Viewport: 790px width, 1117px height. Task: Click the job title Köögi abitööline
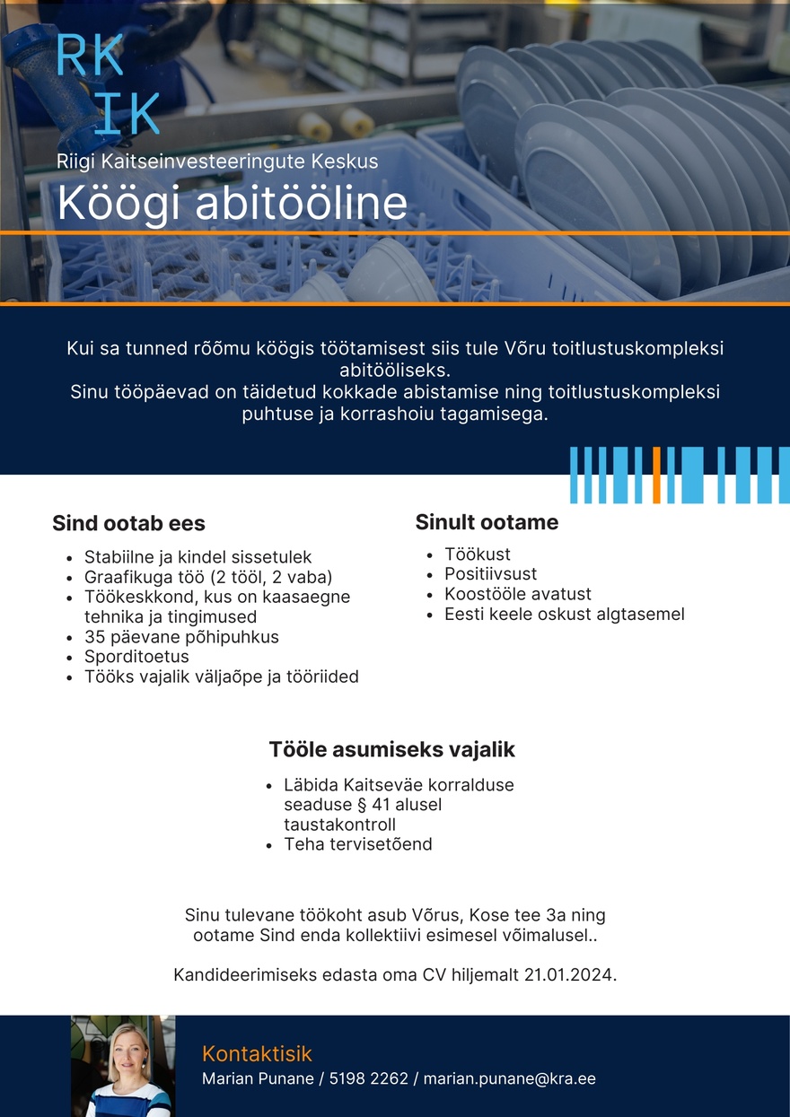(x=232, y=204)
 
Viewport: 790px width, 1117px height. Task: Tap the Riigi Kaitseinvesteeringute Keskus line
(x=217, y=161)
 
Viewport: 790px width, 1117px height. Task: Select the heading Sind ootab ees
(x=128, y=523)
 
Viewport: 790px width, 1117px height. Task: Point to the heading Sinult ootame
(x=487, y=522)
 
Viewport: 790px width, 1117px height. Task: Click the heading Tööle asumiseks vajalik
(x=392, y=749)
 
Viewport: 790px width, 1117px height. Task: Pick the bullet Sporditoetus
(x=136, y=657)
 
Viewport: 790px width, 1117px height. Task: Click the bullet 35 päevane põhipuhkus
(x=181, y=637)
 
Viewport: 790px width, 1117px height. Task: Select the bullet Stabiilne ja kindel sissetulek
(x=197, y=557)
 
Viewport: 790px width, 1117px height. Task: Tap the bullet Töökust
(x=478, y=554)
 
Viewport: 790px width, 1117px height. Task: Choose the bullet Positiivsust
(x=490, y=574)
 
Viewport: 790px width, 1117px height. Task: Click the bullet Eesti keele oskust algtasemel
(x=564, y=615)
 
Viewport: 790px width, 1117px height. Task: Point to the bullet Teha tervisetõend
(x=358, y=844)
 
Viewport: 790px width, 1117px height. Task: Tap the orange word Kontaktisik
(x=257, y=1053)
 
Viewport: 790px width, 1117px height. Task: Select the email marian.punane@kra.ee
(x=509, y=1078)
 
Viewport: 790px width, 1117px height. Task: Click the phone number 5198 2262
(x=369, y=1078)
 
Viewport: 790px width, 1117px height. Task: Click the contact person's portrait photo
(x=123, y=1067)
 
